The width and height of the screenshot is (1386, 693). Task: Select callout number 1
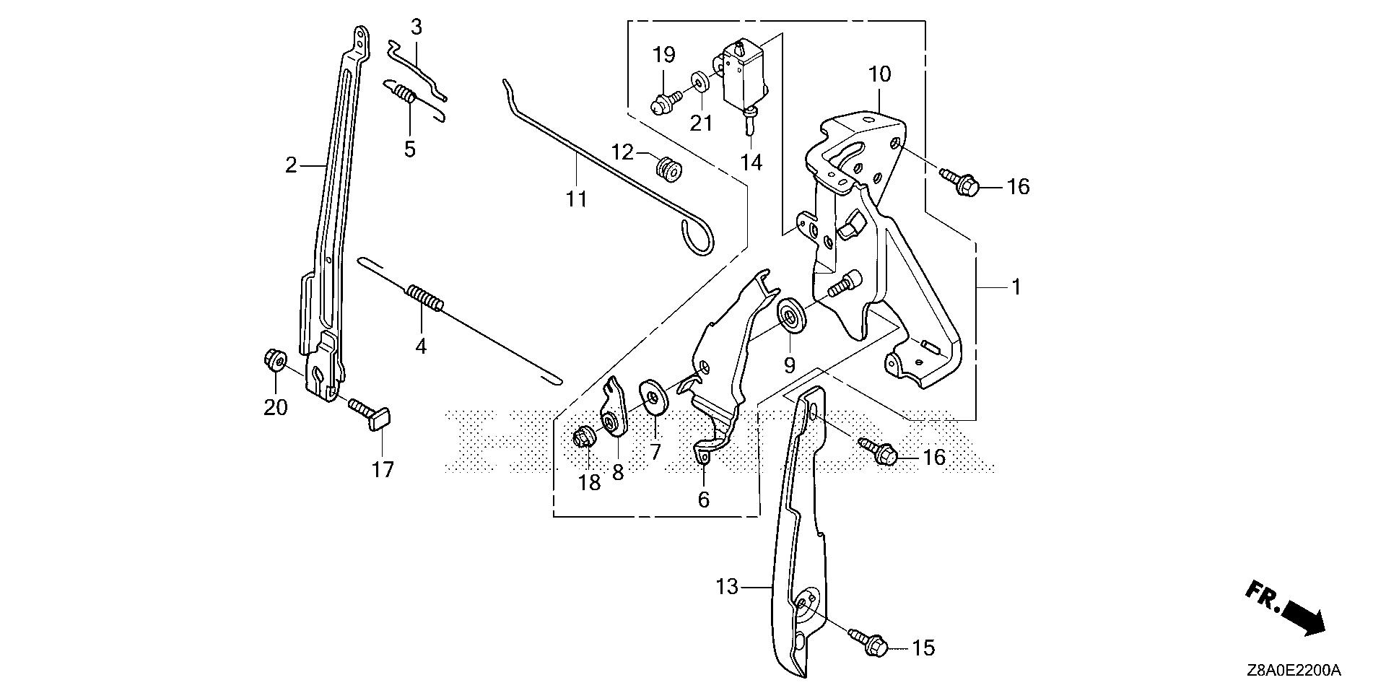point(1016,287)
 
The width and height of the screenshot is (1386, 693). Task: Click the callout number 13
point(728,587)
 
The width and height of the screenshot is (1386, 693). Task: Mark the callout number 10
point(880,74)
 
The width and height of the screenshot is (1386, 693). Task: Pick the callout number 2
point(291,166)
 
